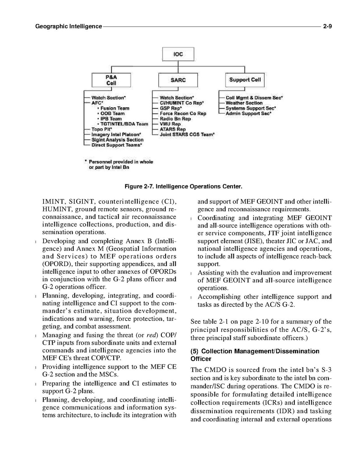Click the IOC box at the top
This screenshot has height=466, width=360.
point(178,54)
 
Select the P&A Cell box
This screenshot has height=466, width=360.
point(111,81)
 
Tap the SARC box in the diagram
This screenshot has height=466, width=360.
point(178,80)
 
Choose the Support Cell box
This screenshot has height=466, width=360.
point(245,80)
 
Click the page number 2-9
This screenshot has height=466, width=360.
point(327,26)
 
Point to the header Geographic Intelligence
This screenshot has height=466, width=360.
point(68,26)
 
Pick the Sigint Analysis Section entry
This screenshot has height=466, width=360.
point(117,140)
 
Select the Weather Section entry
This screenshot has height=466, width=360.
point(244,103)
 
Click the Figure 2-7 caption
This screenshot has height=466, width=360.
point(183,187)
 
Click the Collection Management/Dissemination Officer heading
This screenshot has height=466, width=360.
point(255,355)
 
